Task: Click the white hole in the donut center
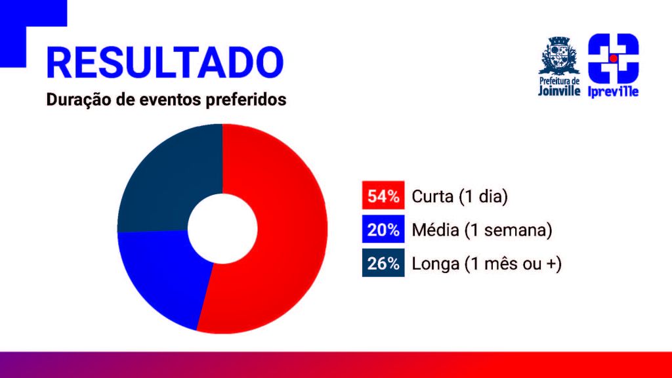(x=222, y=228)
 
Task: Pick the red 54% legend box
(x=383, y=196)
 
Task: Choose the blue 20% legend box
(x=383, y=229)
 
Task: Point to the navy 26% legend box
(x=383, y=262)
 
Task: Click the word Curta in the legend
(x=432, y=196)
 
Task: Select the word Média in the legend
(x=436, y=230)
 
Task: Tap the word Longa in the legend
(x=436, y=264)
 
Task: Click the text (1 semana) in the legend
(x=509, y=230)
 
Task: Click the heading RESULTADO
(x=165, y=62)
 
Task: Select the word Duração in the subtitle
(x=79, y=100)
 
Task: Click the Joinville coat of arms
(x=559, y=56)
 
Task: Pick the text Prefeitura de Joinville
(x=559, y=86)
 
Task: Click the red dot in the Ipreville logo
(x=614, y=58)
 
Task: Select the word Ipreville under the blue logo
(x=614, y=91)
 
